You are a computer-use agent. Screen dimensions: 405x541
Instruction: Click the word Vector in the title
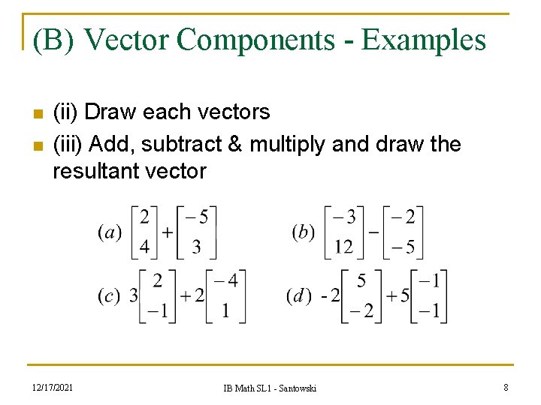pyautogui.click(x=127, y=40)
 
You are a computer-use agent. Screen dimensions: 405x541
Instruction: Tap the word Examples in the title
pyautogui.click(x=424, y=40)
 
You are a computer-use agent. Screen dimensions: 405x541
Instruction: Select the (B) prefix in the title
pyautogui.click(x=53, y=40)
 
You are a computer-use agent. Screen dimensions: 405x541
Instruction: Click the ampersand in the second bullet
pyautogui.click(x=233, y=143)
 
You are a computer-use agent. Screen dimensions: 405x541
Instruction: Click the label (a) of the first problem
pyautogui.click(x=110, y=232)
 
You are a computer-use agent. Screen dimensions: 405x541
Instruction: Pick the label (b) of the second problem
pyautogui.click(x=303, y=232)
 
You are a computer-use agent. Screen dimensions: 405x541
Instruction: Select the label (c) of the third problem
pyautogui.click(x=109, y=295)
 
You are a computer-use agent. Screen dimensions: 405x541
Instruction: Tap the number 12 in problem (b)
pyautogui.click(x=343, y=247)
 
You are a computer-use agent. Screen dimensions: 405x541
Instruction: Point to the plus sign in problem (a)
pyautogui.click(x=167, y=232)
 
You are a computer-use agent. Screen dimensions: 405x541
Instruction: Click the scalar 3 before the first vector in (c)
pyautogui.click(x=134, y=295)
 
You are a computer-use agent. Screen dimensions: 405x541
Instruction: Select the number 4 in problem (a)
pyautogui.click(x=144, y=247)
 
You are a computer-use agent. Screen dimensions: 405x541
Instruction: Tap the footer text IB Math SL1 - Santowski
pyautogui.click(x=270, y=388)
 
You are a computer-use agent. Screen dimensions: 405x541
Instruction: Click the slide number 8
pyautogui.click(x=506, y=387)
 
